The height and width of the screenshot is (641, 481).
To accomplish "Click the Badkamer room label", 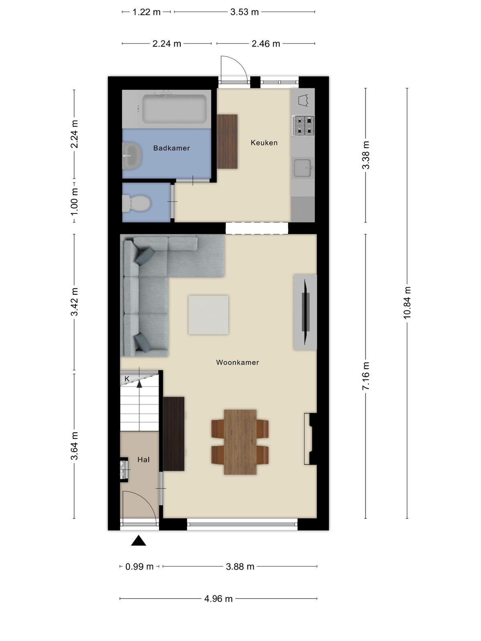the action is [172, 148].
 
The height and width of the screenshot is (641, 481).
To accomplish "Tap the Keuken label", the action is [264, 143].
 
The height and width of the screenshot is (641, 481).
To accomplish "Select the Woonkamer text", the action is [237, 363].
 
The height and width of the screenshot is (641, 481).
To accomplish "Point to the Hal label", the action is [143, 460].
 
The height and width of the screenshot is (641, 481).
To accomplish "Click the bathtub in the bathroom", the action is [175, 109].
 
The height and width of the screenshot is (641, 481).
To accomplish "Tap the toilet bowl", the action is [136, 203].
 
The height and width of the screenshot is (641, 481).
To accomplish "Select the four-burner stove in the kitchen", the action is [303, 125].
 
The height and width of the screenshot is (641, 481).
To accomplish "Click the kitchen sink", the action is [303, 168].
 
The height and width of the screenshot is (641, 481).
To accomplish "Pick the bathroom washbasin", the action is [132, 156].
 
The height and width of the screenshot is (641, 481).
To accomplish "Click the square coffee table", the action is [208, 315].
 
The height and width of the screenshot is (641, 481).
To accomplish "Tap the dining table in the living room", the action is [240, 442].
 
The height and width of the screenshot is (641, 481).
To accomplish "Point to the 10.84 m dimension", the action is [407, 302].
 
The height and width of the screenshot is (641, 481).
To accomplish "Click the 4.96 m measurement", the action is [218, 599].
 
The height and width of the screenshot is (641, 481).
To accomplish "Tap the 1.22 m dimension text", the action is [146, 12].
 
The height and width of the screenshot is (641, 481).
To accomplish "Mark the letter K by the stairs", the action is [127, 379].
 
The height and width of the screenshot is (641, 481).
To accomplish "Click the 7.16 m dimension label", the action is [366, 376].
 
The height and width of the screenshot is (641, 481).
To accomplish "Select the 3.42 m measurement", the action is [74, 302].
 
